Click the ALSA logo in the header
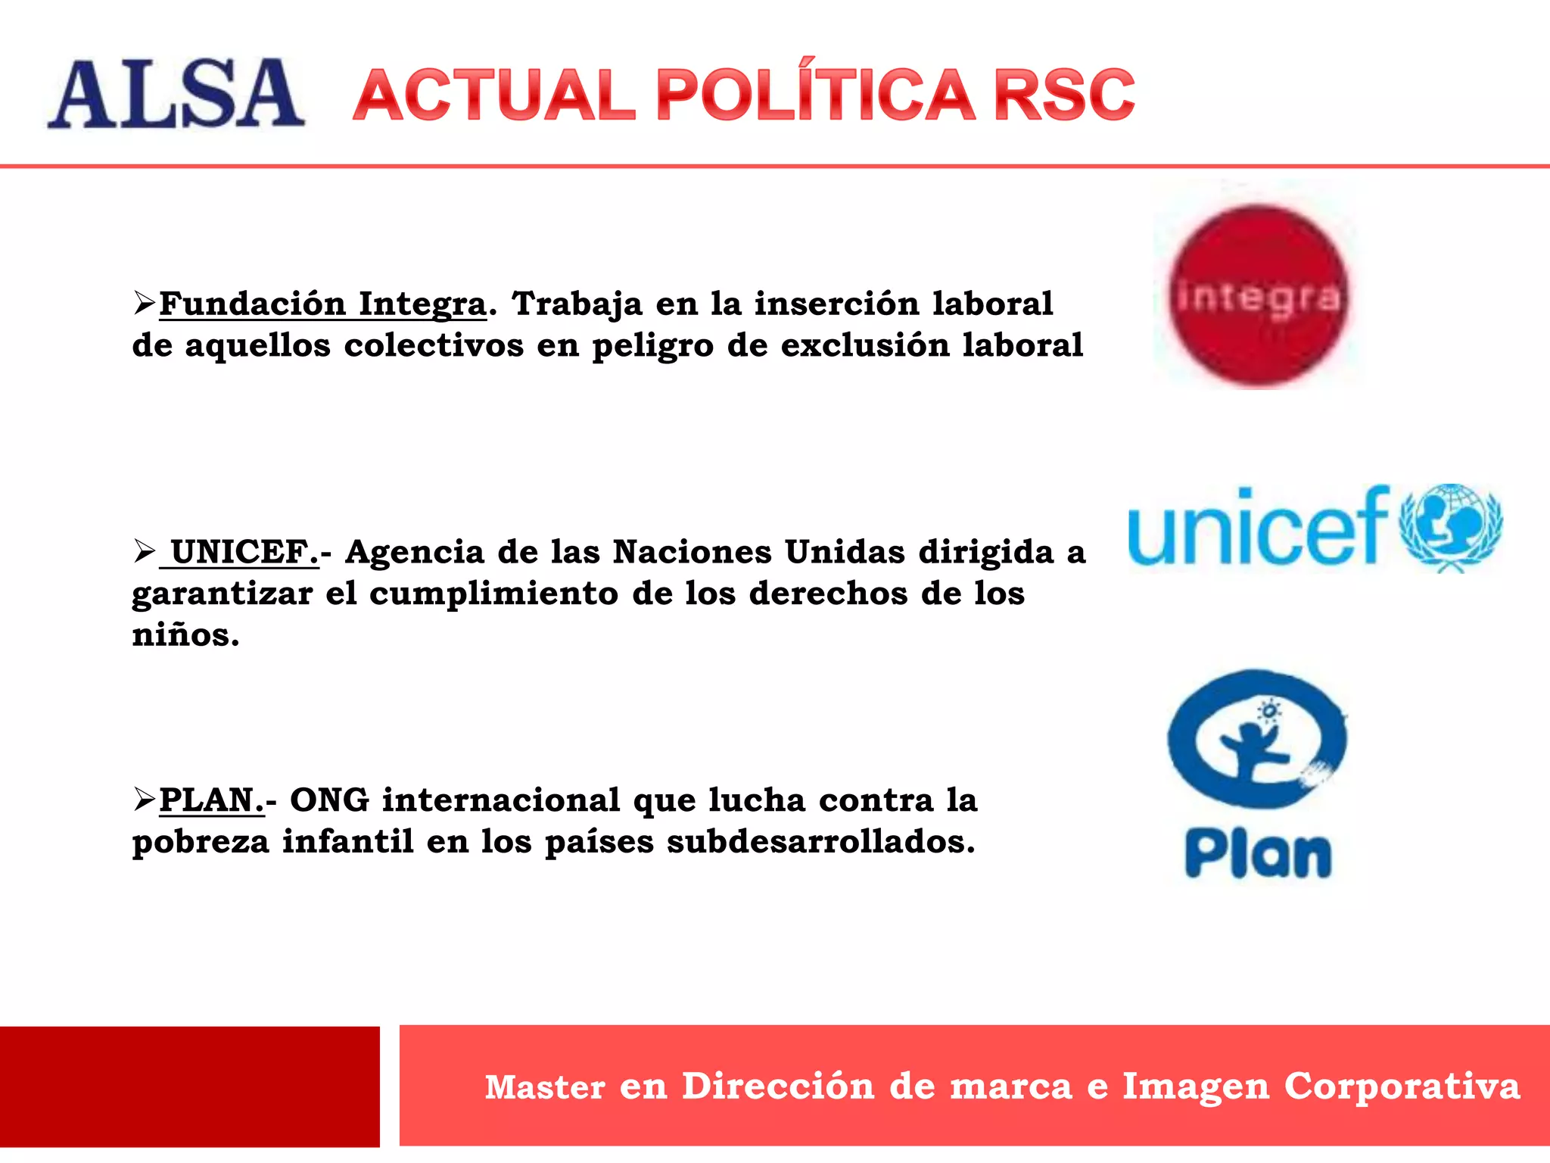[176, 94]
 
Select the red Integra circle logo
[1259, 296]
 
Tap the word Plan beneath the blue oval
[1258, 855]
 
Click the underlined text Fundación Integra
[322, 304]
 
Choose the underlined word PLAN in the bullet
[211, 800]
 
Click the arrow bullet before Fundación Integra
[144, 304]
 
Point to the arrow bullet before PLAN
[144, 800]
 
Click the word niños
[185, 635]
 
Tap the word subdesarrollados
[820, 841]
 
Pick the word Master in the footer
[545, 1087]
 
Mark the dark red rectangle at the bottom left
[189, 1087]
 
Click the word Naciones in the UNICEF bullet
[692, 552]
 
